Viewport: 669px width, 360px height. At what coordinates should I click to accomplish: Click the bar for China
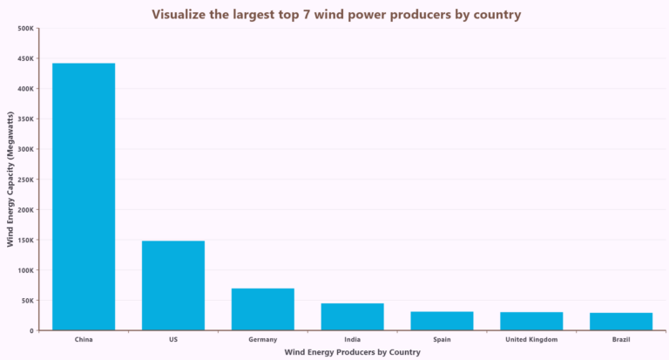(x=84, y=196)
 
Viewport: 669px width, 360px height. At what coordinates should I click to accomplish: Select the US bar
(x=173, y=285)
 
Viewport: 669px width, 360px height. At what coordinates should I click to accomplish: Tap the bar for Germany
(x=262, y=309)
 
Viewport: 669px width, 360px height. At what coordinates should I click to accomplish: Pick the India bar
(x=352, y=316)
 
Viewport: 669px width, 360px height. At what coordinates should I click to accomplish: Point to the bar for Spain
(x=442, y=321)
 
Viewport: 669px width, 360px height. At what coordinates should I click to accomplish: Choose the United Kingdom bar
(x=531, y=321)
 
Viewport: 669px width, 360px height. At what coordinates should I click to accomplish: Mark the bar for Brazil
(x=621, y=322)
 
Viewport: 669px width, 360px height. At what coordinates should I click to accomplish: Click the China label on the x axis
(x=84, y=339)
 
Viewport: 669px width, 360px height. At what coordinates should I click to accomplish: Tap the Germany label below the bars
(x=262, y=339)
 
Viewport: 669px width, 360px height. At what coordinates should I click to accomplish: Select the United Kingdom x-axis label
(x=531, y=339)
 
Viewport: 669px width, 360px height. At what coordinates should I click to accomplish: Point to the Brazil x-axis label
(x=621, y=339)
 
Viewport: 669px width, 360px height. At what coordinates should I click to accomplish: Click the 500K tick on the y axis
(x=25, y=29)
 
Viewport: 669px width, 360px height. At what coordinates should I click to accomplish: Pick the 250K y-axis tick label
(x=25, y=180)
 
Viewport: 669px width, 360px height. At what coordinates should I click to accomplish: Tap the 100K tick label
(x=25, y=270)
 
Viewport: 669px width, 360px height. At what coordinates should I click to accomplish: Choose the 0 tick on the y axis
(x=31, y=330)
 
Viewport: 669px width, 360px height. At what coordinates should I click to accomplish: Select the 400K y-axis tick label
(x=25, y=89)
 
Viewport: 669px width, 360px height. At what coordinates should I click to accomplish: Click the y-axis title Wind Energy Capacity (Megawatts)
(x=10, y=179)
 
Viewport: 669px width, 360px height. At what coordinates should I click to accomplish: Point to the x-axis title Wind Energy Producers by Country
(x=352, y=352)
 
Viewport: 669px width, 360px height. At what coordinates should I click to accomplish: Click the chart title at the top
(x=336, y=14)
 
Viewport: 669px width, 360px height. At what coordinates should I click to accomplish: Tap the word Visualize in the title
(x=179, y=14)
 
